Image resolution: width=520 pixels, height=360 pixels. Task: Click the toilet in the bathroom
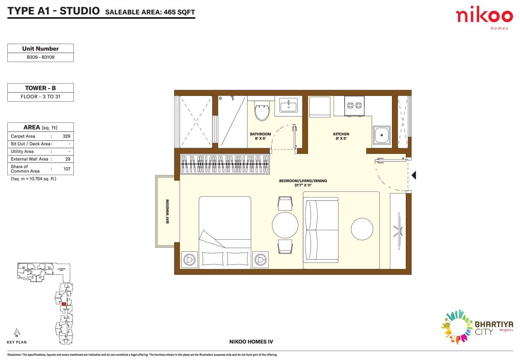[x=262, y=111]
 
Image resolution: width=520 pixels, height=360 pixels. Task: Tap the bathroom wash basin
[x=288, y=107]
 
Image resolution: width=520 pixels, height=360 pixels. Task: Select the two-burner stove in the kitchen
[x=354, y=106]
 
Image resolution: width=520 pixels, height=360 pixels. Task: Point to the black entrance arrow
[x=413, y=176]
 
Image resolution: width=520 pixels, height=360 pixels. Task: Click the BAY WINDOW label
[x=167, y=211]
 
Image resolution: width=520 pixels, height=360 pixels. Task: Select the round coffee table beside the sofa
[x=362, y=229]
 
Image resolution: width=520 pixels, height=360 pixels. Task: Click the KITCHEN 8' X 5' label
[x=341, y=136]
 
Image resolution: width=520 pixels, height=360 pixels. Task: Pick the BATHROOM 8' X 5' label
[x=260, y=136]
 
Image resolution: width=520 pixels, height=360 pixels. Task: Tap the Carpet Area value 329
[x=66, y=136]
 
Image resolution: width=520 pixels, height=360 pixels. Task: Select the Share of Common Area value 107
[x=66, y=169]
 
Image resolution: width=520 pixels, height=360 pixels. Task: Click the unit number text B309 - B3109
[x=40, y=57]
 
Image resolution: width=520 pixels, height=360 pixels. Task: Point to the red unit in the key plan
[x=64, y=304]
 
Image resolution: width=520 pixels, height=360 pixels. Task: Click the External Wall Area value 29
[x=68, y=159]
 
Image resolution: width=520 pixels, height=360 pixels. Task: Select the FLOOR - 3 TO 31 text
[x=40, y=97]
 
